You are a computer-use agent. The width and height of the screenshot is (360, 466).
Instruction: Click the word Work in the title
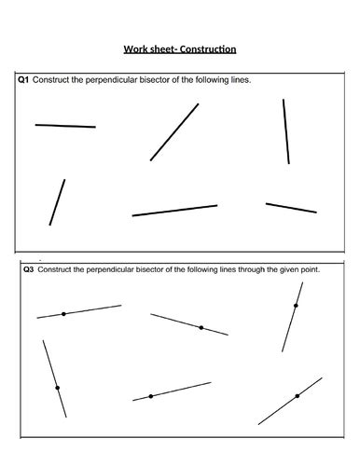click(137, 50)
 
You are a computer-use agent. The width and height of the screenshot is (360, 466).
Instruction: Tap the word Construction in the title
click(207, 50)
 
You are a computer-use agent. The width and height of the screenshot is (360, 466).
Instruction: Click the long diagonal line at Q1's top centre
click(174, 131)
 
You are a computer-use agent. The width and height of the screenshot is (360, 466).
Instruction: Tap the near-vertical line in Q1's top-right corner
click(286, 131)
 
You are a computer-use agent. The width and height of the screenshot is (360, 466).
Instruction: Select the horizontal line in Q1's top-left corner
click(65, 125)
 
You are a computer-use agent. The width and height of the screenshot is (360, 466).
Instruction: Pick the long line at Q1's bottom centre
click(174, 211)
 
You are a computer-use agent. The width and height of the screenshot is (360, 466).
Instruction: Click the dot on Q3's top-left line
click(63, 314)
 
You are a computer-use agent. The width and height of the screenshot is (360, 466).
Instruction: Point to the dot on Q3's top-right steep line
click(296, 306)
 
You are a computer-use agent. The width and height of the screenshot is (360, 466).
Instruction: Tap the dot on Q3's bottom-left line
click(57, 387)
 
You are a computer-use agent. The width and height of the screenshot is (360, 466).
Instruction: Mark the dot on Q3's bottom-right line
click(298, 396)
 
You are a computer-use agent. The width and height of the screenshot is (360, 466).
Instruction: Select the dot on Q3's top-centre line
click(201, 327)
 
